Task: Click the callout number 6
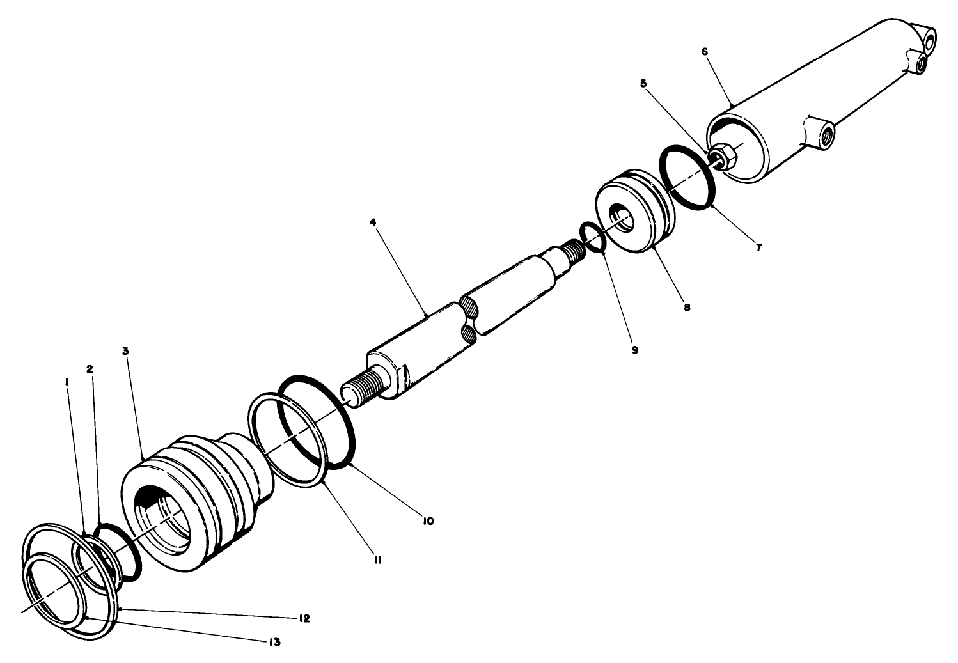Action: tap(705, 51)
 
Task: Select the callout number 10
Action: tap(428, 521)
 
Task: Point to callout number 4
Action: tap(372, 222)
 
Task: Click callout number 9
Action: tap(634, 350)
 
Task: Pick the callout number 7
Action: tap(758, 247)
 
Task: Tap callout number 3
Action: tap(125, 351)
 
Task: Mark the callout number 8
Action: tap(687, 307)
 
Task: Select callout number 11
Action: tap(378, 560)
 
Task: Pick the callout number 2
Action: tap(90, 370)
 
